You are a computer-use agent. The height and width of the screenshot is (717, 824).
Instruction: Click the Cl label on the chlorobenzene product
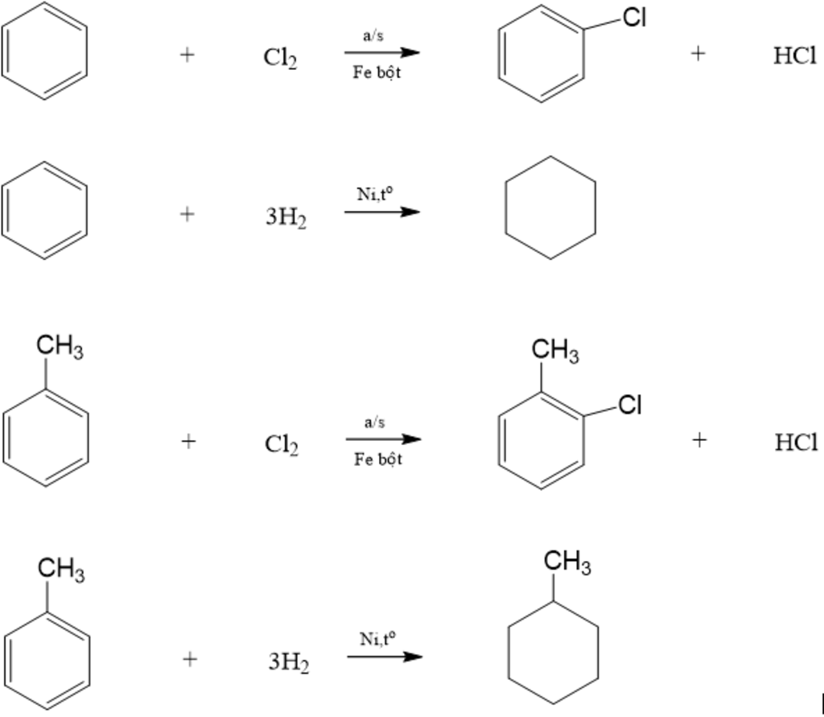(635, 19)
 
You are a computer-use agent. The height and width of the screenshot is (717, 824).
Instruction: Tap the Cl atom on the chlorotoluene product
(630, 406)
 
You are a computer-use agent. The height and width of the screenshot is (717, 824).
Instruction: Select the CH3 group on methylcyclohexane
(567, 562)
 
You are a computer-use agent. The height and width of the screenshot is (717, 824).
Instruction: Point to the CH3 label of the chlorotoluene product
(555, 351)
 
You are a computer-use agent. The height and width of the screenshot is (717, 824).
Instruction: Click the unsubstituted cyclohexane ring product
(550, 208)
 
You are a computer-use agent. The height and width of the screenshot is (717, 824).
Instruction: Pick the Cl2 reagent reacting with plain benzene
(280, 58)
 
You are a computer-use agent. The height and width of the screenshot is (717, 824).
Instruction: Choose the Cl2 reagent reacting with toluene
(282, 444)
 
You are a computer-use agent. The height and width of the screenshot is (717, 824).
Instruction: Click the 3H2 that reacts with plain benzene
(286, 217)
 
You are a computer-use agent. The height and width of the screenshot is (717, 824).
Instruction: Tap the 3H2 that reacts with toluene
(288, 662)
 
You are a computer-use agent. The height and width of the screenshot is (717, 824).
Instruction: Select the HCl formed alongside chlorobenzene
(794, 56)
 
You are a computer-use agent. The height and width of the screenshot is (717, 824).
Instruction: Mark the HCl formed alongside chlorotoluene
(796, 442)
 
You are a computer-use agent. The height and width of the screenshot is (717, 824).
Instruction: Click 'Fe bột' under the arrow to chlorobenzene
(377, 73)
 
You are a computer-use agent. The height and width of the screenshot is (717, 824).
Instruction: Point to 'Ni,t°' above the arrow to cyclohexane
(376, 194)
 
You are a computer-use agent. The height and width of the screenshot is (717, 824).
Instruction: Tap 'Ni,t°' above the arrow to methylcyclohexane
(378, 639)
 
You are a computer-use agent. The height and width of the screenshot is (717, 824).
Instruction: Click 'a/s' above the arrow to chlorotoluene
(375, 422)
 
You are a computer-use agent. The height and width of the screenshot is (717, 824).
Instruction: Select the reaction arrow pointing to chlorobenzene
(382, 52)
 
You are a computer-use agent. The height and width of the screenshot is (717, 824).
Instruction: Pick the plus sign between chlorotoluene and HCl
(699, 439)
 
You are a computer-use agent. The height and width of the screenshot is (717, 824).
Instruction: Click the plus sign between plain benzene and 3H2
(187, 213)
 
